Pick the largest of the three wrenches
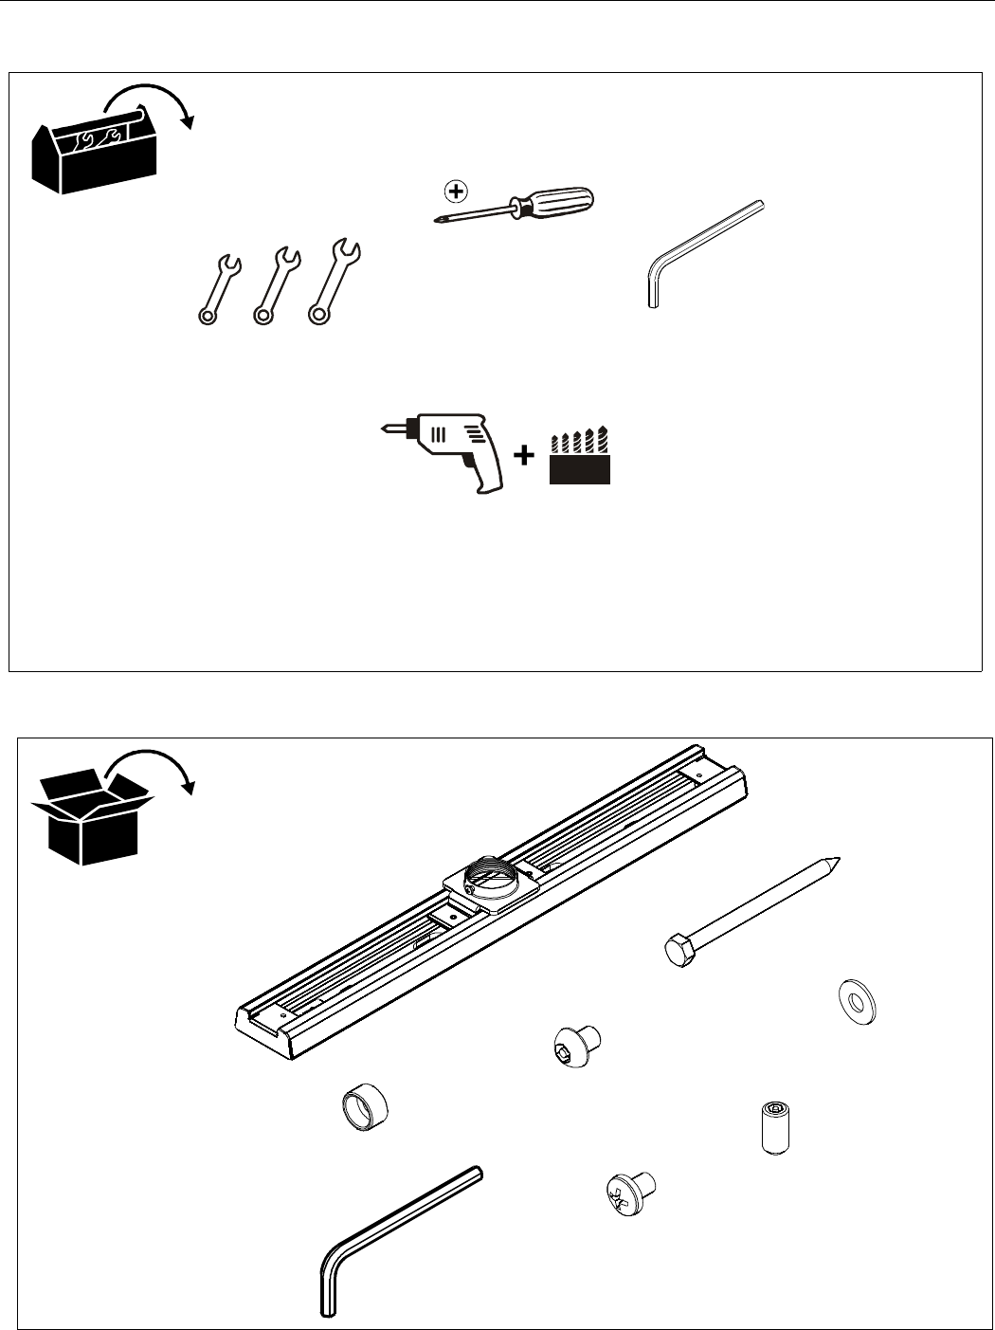(333, 280)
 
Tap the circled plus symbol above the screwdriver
(456, 191)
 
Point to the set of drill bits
(579, 458)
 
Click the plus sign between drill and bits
(523, 456)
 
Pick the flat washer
(858, 1003)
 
